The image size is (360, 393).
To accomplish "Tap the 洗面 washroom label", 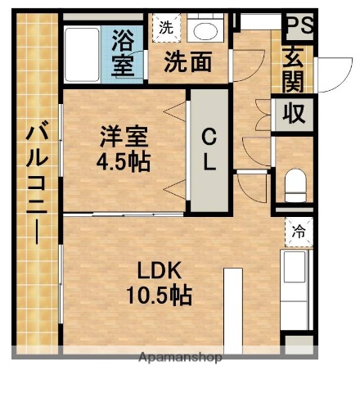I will click(187, 61).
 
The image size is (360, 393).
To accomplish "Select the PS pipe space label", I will click(299, 25).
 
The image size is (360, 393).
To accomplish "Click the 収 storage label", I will click(294, 113).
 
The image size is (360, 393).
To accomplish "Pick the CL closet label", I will click(209, 149).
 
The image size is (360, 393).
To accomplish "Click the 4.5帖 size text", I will click(124, 161).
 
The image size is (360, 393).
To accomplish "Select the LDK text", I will click(163, 270).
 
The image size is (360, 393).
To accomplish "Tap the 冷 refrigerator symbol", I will click(299, 231).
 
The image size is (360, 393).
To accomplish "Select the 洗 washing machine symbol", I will click(165, 26).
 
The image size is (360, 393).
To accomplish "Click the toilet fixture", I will click(295, 184).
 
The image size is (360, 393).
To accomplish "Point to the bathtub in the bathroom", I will click(84, 53).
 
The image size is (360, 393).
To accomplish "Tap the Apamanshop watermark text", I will click(180, 358).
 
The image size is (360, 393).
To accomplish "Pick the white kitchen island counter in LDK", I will click(232, 311).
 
